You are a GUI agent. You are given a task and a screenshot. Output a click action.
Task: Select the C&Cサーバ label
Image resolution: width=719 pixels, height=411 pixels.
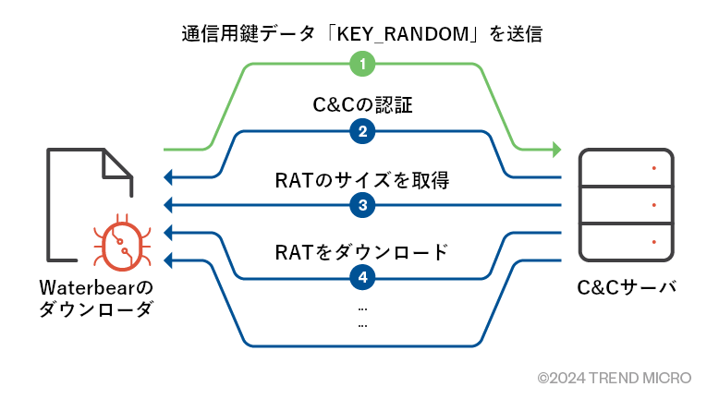point(628,286)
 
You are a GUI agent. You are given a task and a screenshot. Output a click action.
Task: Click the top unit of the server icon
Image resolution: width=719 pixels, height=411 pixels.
point(628,168)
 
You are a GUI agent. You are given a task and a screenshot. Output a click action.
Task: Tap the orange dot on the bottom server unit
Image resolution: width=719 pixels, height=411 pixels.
point(654,242)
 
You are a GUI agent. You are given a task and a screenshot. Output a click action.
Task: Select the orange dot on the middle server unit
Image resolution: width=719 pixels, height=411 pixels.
point(654,205)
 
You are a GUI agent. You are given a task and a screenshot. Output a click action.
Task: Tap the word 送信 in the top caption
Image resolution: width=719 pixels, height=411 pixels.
point(520,36)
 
